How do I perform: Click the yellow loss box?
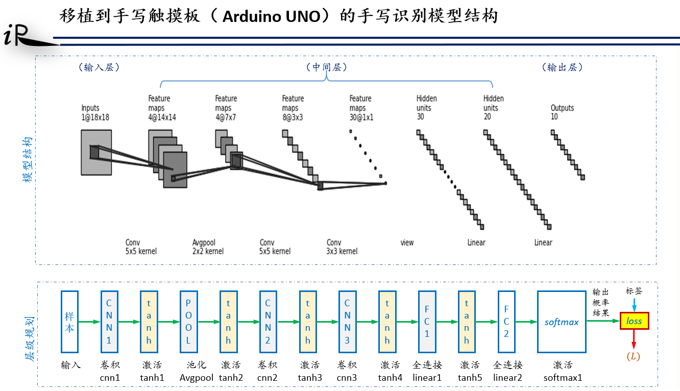coord(635,321)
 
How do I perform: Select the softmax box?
coord(562,322)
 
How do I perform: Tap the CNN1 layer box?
coord(109,322)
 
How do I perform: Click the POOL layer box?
coord(188,322)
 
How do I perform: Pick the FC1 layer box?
coord(427,322)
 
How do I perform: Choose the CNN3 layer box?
coord(347,322)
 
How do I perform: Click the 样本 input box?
coord(69,322)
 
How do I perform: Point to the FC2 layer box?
coord(506,322)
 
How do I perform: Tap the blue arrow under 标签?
coord(634,305)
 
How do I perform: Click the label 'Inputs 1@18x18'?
coord(95,112)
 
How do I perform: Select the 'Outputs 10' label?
coord(562,112)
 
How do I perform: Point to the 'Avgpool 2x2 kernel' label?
coord(208,247)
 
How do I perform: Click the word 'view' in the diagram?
coord(407,243)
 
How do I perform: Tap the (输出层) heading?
coord(562,67)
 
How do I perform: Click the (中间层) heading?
coord(326,67)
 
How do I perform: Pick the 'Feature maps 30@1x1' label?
coord(360,107)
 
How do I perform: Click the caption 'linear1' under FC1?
coord(427,378)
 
